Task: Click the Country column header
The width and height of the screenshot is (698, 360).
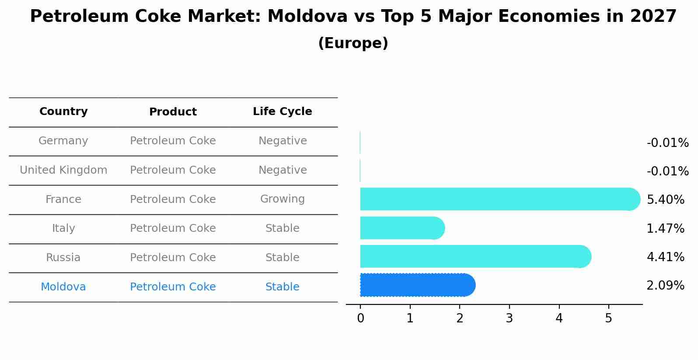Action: click(63, 112)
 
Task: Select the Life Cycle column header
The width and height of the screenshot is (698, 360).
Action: click(282, 112)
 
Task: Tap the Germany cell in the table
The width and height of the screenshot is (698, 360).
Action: click(63, 141)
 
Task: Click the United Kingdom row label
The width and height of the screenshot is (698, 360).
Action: click(63, 170)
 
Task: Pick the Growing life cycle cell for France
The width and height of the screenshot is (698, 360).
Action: click(282, 199)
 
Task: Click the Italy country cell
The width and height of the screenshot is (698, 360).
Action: click(63, 228)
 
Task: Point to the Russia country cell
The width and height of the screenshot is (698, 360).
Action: click(63, 258)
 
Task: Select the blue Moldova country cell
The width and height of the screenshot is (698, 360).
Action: click(63, 287)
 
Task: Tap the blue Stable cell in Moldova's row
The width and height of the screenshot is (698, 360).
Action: click(282, 287)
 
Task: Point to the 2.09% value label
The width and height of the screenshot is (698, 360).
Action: click(665, 286)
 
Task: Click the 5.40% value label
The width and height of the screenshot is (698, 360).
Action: click(665, 200)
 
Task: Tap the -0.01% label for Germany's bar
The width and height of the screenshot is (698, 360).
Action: click(667, 143)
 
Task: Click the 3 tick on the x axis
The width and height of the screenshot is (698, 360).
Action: click(509, 318)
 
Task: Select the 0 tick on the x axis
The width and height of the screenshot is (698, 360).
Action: click(360, 318)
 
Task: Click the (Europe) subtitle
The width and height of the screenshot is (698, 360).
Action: click(353, 43)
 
